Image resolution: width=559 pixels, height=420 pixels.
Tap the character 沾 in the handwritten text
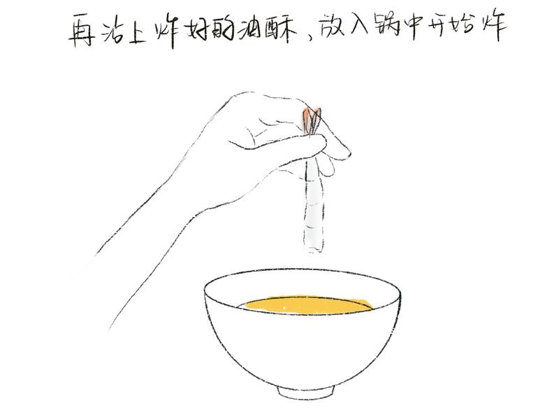[x=113, y=29]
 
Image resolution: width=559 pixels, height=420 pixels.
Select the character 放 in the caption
[x=333, y=26]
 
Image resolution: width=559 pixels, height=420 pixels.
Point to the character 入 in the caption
[x=360, y=25]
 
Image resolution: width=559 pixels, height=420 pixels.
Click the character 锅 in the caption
[x=387, y=27]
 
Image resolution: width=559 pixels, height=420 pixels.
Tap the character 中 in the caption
[x=414, y=27]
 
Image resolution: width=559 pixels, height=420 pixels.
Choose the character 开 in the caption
[x=438, y=26]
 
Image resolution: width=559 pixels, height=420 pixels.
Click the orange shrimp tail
[x=312, y=120]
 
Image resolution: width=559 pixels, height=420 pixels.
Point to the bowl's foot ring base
[x=306, y=391]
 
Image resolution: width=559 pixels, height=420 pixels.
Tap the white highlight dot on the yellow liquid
[x=284, y=307]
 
